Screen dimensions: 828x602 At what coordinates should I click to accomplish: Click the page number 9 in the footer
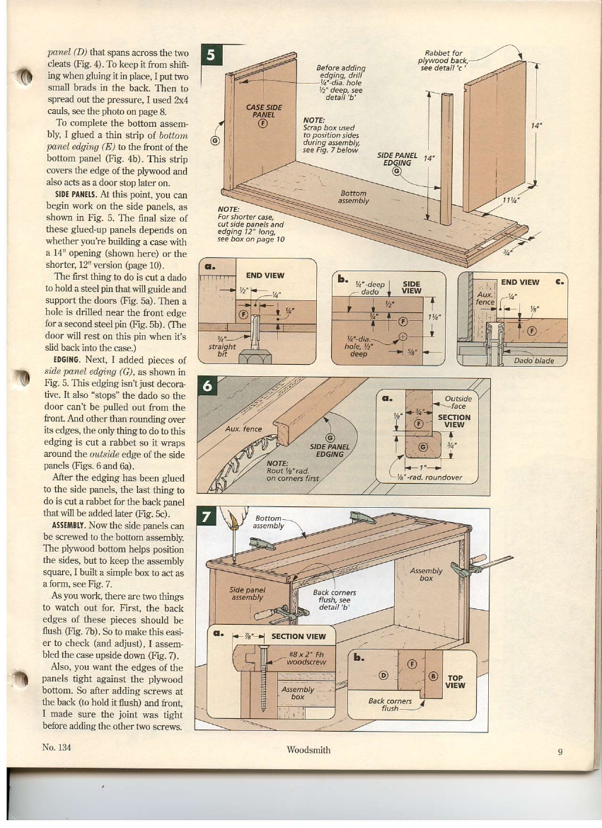coord(559,752)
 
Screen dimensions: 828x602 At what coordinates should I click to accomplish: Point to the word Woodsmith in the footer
coord(308,750)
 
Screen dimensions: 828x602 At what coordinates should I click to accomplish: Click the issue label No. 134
coord(59,747)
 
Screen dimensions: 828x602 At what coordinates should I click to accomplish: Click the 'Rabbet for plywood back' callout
coord(443,60)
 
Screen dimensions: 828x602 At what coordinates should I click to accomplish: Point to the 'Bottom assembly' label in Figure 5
coord(353,196)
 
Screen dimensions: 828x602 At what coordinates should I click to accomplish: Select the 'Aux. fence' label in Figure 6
coord(243,429)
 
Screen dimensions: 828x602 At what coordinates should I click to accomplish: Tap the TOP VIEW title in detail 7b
coord(455,681)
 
